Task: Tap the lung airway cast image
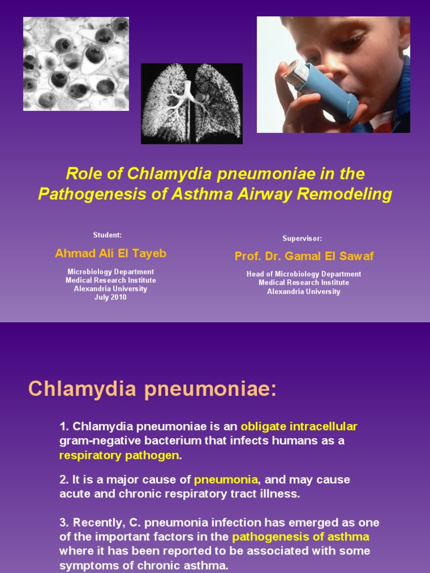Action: pos(191,104)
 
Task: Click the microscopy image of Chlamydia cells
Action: pos(76,63)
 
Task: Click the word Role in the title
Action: pos(83,174)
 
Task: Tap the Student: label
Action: pos(107,234)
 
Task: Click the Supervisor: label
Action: pos(302,238)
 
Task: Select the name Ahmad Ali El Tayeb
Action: pos(111,253)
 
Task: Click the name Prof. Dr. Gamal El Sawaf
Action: pos(304,256)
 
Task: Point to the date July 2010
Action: pos(110,298)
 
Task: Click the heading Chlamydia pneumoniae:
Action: pos(152,389)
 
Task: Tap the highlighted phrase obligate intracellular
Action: pos(299,426)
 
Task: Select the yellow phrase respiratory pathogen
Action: pos(119,455)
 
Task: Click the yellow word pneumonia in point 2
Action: pos(226,480)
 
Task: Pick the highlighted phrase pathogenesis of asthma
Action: pos(301,537)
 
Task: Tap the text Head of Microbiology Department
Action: pos(303,274)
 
